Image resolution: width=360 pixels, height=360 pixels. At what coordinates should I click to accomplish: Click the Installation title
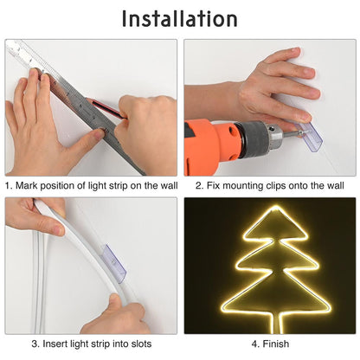coord(179,18)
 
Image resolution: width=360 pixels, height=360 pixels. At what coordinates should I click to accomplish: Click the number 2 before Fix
coord(199,185)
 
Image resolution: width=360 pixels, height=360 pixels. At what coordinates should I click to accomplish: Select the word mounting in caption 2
coord(237,185)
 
